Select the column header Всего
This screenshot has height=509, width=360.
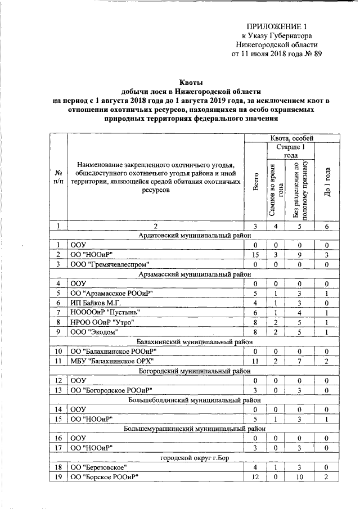coord(255,182)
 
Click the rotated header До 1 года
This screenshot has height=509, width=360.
coord(327,182)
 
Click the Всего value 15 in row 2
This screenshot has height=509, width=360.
coord(255,254)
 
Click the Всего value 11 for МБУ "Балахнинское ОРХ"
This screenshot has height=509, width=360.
coord(255,360)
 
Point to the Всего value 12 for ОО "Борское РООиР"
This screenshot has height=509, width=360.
coord(255,477)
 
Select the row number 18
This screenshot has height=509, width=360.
coord(58,467)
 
